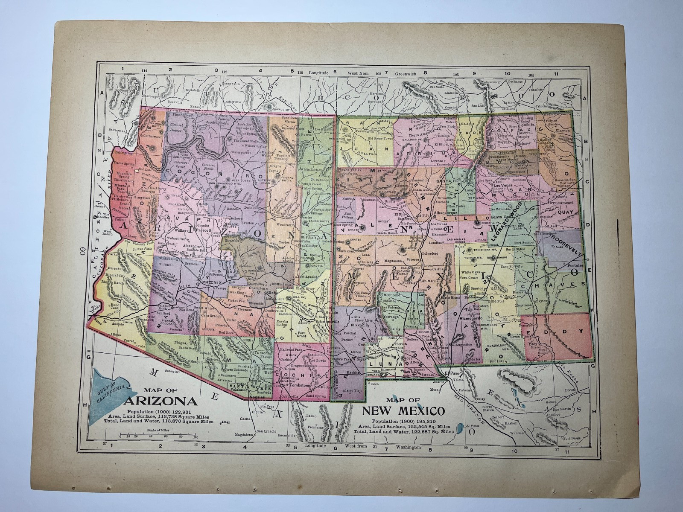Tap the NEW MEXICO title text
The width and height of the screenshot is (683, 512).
pos(403,411)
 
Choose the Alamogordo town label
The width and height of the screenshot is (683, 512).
pos(470,318)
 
